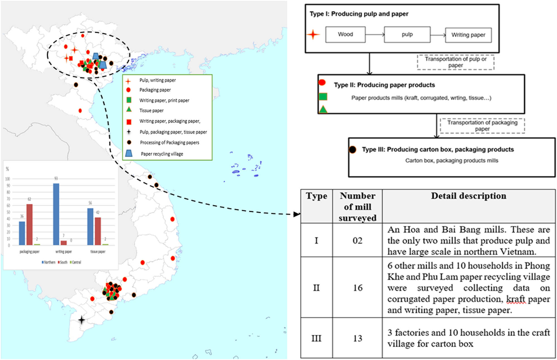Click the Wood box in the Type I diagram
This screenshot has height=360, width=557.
click(x=345, y=35)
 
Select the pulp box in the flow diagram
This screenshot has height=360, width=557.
click(x=407, y=35)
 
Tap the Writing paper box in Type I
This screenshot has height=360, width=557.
click(x=468, y=35)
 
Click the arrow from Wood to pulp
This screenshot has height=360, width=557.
click(x=375, y=35)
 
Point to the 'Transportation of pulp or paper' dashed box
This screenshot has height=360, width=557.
click(x=455, y=62)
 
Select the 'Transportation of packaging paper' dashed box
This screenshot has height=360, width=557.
click(x=482, y=126)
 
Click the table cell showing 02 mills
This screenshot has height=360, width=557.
click(x=358, y=240)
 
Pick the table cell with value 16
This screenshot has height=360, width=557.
click(x=358, y=288)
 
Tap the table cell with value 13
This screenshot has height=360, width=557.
click(x=358, y=338)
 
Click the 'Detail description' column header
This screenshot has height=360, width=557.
click(x=468, y=196)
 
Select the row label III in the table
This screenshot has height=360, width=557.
click(x=316, y=338)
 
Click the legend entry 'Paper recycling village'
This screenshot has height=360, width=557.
click(x=162, y=154)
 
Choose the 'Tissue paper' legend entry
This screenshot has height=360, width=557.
click(x=151, y=111)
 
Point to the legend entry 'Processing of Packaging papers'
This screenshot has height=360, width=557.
click(x=169, y=143)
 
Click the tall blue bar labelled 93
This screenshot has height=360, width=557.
click(x=56, y=214)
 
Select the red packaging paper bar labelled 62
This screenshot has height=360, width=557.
click(x=30, y=224)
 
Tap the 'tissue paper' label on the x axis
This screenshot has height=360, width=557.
click(x=98, y=252)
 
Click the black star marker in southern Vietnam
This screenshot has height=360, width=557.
click(x=81, y=320)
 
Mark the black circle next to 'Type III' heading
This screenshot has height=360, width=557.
click(x=352, y=150)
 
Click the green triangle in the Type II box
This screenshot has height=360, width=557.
click(x=323, y=109)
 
